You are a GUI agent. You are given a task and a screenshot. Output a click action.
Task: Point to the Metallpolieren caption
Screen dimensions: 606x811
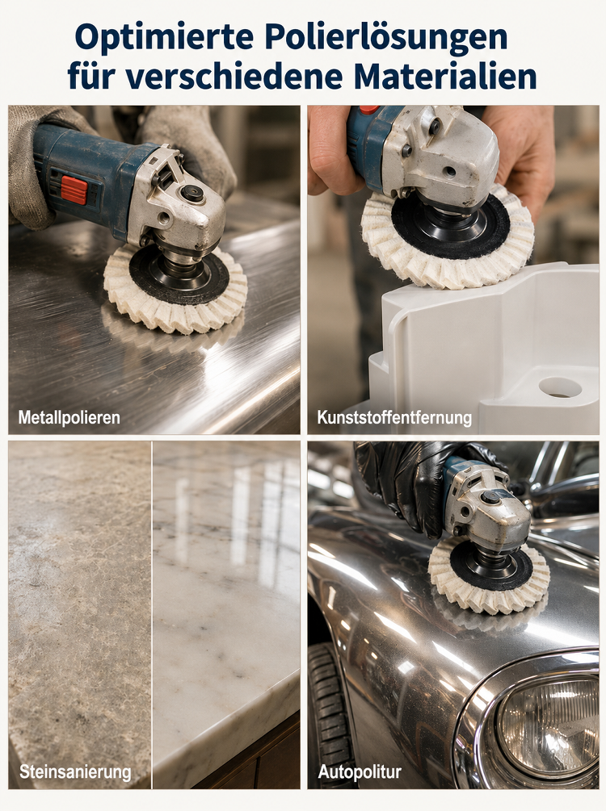(69, 417)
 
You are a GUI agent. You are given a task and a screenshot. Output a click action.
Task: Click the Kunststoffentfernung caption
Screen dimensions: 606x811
(394, 417)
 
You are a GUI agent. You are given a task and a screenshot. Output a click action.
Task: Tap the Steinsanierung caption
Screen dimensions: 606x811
(75, 772)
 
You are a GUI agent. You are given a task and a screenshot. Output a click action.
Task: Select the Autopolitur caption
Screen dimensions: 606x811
(360, 772)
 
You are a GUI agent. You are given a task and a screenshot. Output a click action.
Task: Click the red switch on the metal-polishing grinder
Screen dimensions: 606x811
(74, 190)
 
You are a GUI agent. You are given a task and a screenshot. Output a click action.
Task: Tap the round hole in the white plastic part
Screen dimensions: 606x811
(560, 387)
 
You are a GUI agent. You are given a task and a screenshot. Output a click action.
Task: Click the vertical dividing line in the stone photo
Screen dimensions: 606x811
(152, 615)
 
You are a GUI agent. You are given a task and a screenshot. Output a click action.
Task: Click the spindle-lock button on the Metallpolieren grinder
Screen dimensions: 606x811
(192, 194)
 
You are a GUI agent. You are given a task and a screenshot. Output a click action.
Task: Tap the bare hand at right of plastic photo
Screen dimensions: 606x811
(520, 154)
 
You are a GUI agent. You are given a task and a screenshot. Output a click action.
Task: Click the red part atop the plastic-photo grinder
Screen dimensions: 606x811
(368, 110)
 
